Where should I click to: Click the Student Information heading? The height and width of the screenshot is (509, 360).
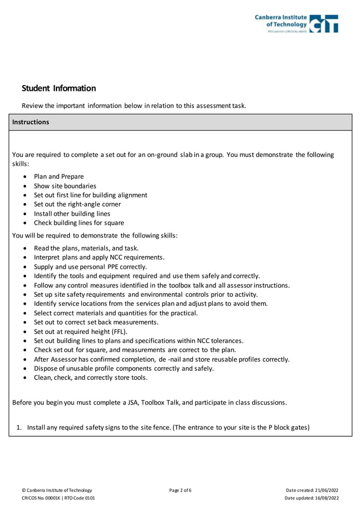(x=59, y=88)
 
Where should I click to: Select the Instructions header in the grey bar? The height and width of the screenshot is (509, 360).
(x=30, y=122)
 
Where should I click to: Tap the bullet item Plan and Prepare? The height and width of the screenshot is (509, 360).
(x=59, y=177)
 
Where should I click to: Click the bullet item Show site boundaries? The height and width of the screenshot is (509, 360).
(x=65, y=186)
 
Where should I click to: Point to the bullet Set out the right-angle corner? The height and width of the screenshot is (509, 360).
(x=77, y=204)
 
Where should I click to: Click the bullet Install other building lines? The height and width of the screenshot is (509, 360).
(x=72, y=214)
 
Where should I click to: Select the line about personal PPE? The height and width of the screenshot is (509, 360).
(x=90, y=266)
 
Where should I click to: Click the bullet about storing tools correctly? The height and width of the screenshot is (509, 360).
(x=91, y=378)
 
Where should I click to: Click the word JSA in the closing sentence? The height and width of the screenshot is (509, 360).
(x=132, y=402)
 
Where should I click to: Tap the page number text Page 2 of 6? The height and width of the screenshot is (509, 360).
(x=180, y=490)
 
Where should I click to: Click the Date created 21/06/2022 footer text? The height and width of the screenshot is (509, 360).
(x=312, y=490)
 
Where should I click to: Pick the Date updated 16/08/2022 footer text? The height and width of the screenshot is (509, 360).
(x=311, y=498)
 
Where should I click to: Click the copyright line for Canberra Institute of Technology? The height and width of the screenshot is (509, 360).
(x=56, y=490)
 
